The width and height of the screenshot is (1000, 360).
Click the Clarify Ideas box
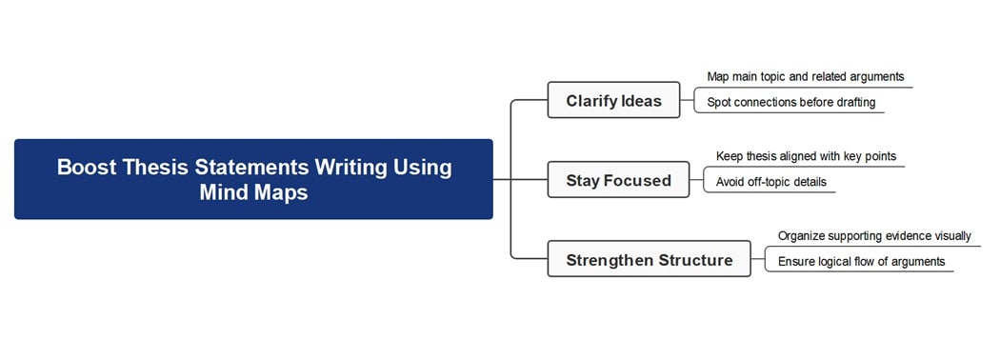[613, 100]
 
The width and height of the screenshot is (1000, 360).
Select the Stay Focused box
[618, 180]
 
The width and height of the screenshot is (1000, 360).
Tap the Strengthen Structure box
[649, 260]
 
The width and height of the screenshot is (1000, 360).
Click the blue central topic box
[253, 179]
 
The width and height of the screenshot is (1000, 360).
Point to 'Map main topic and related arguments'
[805, 76]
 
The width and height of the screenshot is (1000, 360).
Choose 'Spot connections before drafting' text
[790, 102]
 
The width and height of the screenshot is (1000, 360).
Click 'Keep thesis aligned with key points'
[806, 156]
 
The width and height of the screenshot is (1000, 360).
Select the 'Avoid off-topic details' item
[771, 182]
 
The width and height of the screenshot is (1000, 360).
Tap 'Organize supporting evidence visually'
[874, 236]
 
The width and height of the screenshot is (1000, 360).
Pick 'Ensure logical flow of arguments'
[861, 261]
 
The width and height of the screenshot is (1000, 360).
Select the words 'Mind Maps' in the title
[253, 191]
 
